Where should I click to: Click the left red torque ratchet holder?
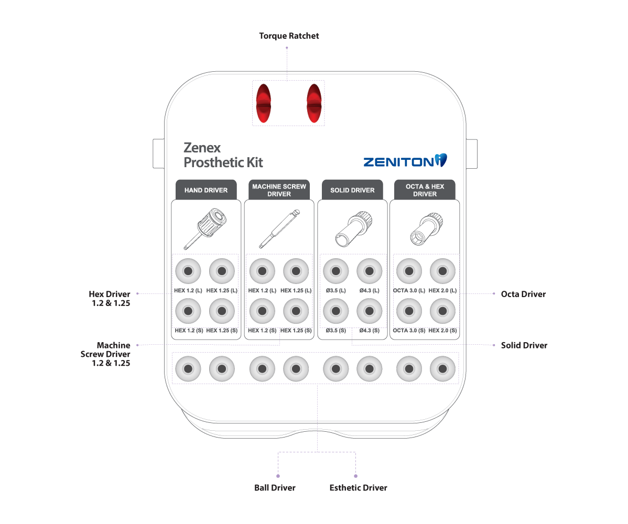[x=263, y=103]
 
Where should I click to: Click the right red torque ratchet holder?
[x=314, y=103]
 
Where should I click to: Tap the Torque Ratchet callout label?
[x=289, y=36]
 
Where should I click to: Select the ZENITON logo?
[x=405, y=161]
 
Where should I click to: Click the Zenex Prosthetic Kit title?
[x=223, y=155]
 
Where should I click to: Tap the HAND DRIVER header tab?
[x=206, y=190]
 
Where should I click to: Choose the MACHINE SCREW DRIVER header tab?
[x=279, y=190]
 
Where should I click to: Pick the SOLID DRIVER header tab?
[x=352, y=190]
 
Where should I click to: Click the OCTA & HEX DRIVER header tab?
[x=425, y=190]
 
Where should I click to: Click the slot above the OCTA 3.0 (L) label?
[x=409, y=271]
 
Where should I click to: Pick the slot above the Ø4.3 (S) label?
[x=370, y=311]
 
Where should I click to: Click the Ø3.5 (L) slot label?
[x=335, y=290]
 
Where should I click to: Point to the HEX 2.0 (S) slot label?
[x=442, y=331]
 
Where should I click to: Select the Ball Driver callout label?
[x=275, y=488]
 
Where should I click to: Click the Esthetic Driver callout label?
[x=358, y=488]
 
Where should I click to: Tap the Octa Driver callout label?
[x=523, y=294]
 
